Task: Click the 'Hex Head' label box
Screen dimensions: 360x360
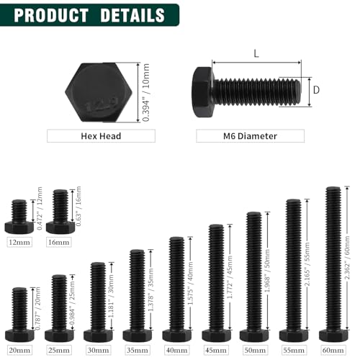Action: (100, 135)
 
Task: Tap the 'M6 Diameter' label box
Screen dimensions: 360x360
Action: (250, 135)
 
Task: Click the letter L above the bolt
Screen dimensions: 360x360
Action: (256, 53)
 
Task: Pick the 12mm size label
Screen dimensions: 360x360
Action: (19, 242)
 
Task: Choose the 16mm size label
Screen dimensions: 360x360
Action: (60, 242)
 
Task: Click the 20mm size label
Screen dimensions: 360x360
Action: (19, 350)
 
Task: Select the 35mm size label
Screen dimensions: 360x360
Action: (138, 350)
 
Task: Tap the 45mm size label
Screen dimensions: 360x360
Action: (216, 350)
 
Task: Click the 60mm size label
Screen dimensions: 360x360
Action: (333, 350)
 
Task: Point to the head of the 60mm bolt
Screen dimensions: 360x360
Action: (333, 336)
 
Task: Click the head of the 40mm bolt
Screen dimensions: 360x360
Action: (176, 336)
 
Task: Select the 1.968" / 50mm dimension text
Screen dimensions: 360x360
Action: (269, 272)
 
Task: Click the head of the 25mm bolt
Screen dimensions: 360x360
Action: (59, 336)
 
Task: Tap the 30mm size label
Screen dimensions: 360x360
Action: (98, 350)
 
